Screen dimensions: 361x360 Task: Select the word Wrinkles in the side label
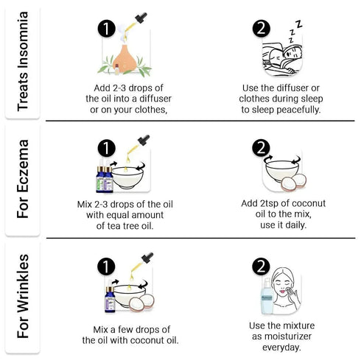[x=23, y=283]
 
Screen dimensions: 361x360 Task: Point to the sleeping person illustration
[x=282, y=58]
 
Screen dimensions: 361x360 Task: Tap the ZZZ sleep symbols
[x=295, y=31]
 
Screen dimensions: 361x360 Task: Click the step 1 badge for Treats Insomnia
[x=107, y=29]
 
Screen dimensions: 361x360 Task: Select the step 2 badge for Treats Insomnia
[x=262, y=29]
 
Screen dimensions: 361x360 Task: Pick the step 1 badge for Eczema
[x=107, y=149]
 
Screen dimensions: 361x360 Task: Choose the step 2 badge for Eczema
[x=261, y=148]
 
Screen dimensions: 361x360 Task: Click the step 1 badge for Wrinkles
[x=106, y=267]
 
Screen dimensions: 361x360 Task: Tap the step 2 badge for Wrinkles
[x=261, y=267]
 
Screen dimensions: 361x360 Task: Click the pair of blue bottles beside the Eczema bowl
[x=105, y=177]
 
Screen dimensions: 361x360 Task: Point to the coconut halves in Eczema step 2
[x=294, y=183]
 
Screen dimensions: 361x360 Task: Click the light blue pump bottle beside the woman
[x=267, y=296]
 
